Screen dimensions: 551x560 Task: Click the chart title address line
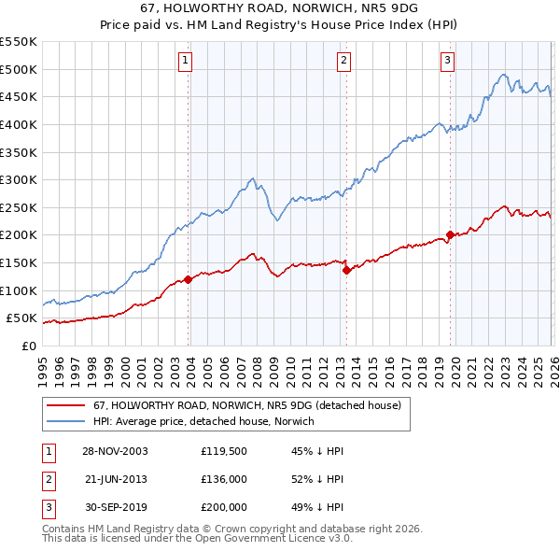[x=280, y=8]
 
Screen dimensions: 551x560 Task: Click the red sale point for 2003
[x=189, y=279]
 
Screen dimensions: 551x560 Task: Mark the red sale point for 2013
[x=346, y=270]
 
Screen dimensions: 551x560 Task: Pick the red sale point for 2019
[x=450, y=234]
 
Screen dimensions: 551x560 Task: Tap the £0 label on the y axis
[x=28, y=346]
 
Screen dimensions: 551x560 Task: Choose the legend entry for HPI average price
[x=203, y=421]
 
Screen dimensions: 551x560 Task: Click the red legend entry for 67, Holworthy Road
[x=246, y=405]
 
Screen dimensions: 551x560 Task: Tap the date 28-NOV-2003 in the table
[x=115, y=450]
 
